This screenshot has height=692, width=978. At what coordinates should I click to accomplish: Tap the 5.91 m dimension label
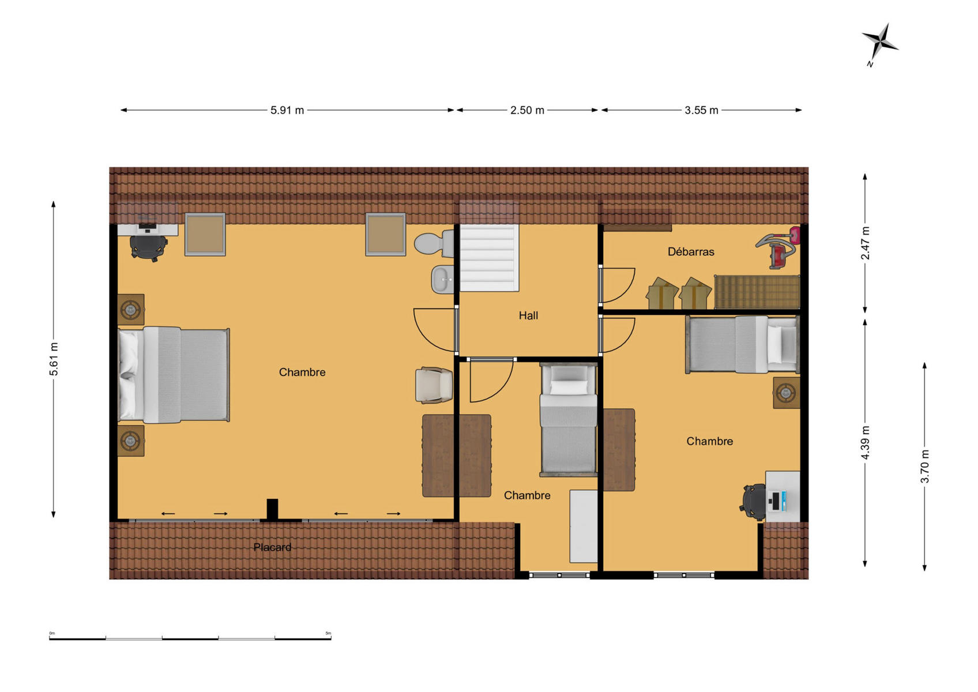pos(287,111)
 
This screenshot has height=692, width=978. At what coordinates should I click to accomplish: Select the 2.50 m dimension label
pos(527,111)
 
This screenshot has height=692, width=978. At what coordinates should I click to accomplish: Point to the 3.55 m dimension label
pos(701,111)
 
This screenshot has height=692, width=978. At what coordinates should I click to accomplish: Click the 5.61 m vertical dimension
pos(53,359)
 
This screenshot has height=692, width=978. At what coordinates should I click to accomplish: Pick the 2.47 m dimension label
pos(865,243)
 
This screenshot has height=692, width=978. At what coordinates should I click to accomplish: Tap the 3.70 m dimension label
pos(924,467)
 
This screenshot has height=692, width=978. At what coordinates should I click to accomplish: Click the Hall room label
pos(528,315)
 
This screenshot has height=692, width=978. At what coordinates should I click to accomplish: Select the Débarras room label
pos(691,252)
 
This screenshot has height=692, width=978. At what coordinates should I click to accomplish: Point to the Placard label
pos(272,547)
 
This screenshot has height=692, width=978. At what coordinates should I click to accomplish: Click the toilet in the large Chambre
pos(434,243)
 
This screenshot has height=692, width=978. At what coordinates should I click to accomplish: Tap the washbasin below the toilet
pos(443,279)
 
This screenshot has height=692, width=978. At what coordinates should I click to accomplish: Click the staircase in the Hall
pos(490,258)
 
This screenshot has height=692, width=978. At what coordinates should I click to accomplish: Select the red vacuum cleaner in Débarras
pos(778,247)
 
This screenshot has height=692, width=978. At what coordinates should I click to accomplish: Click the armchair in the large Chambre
pos(434,385)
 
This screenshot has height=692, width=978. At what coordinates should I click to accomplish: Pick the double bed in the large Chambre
pos(174,375)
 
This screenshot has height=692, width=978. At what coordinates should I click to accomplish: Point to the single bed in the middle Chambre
pos(568,419)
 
